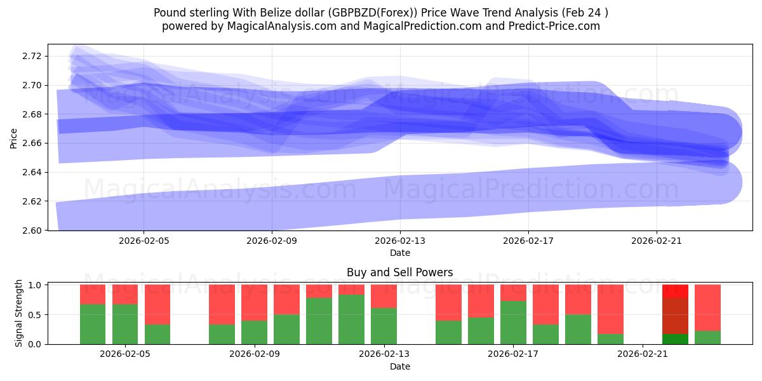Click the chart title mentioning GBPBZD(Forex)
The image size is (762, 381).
tap(381, 12)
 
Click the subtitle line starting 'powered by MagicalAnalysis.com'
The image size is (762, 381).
tap(381, 26)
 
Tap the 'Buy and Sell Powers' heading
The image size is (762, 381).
tap(399, 272)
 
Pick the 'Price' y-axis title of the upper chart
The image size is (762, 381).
tap(13, 137)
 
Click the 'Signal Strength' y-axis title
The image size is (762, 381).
tap(18, 313)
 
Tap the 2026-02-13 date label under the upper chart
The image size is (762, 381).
tap(399, 241)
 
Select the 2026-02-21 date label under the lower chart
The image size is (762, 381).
tap(643, 354)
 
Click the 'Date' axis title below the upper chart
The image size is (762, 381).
tap(399, 253)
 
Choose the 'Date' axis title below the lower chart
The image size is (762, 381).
tap(399, 366)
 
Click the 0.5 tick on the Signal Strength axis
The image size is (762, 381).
tap(36, 314)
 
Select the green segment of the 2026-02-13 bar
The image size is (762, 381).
tap(384, 326)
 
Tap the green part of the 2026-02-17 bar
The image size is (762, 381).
tap(513, 323)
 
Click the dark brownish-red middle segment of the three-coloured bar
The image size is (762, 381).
tap(675, 316)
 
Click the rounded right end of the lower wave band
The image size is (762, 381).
tap(730, 183)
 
